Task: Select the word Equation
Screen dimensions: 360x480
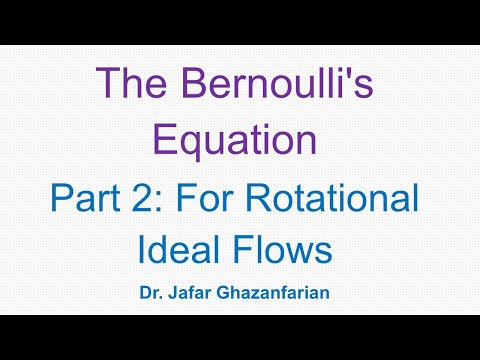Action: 240,140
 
